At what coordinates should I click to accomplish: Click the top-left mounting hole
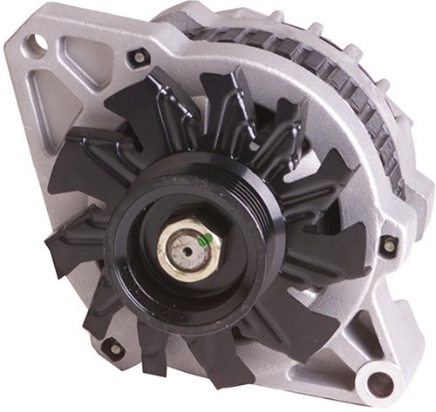[x=36, y=39]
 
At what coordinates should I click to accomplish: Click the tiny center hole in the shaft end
[x=185, y=253]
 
